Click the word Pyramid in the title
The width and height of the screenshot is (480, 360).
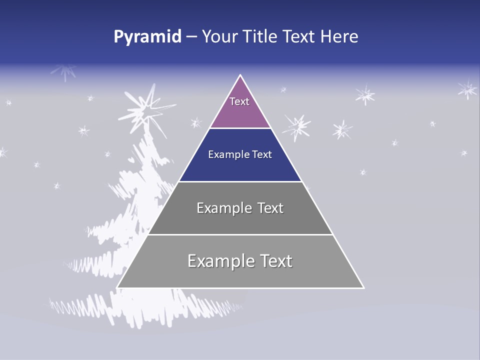coord(147,37)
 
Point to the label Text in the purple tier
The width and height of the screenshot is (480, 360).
coord(239,101)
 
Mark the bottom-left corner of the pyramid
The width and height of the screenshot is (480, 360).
coord(118,287)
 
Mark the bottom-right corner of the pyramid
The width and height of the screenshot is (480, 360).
coord(363,287)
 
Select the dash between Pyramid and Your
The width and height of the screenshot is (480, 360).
coord(191,37)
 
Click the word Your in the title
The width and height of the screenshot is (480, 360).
coord(219,37)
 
